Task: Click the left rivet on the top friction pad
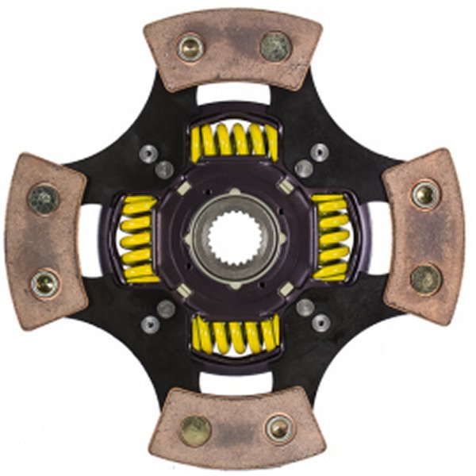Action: tap(190, 47)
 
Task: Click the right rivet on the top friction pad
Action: tap(275, 47)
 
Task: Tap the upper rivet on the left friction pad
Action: tap(44, 198)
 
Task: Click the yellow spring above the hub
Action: tap(234, 140)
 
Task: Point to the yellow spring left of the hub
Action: tap(138, 238)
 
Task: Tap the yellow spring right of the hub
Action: tap(331, 238)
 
